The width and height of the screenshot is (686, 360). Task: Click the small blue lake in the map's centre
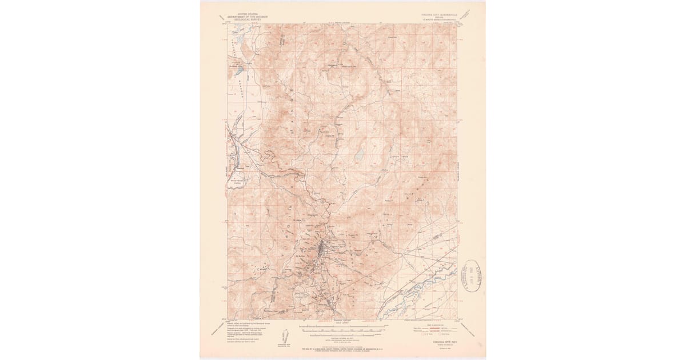(x=358, y=155)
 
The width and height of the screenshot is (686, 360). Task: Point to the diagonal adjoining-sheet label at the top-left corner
(x=218, y=21)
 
